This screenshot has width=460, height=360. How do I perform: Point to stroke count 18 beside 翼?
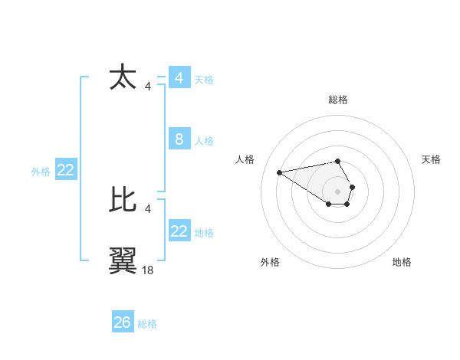click(148, 270)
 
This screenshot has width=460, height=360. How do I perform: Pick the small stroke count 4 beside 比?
click(148, 208)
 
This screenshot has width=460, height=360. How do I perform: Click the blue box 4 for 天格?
click(179, 78)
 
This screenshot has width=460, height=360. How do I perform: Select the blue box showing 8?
click(179, 139)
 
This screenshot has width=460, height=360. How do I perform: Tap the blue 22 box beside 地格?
click(179, 231)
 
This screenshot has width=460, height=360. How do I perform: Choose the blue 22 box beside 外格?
click(66, 170)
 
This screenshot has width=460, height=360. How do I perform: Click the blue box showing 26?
click(123, 322)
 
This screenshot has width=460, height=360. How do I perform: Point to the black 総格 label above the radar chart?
click(338, 100)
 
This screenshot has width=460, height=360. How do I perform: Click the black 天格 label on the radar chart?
click(431, 159)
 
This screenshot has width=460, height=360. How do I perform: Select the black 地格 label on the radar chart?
click(402, 262)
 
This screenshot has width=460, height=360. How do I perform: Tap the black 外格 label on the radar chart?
click(270, 262)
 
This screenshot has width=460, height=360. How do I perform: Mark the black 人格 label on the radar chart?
click(245, 159)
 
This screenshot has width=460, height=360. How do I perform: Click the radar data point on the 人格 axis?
click(280, 172)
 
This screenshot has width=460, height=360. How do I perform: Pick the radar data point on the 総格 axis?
click(338, 161)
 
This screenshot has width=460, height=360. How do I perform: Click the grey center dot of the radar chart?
click(338, 191)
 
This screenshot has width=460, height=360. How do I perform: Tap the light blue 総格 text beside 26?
click(147, 324)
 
